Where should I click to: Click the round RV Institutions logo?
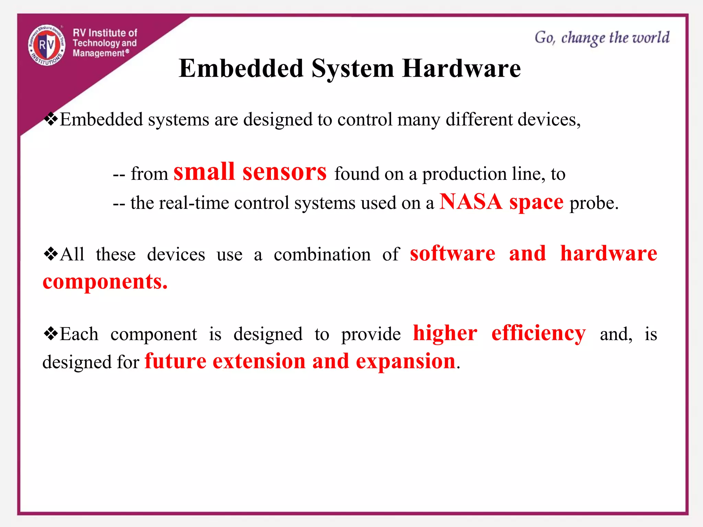47,45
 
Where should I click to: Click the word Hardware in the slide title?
461,68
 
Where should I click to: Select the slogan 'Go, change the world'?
602,38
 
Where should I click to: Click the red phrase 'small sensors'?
250,172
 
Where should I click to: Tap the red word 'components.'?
105,282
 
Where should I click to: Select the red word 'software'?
452,254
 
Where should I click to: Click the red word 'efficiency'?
538,333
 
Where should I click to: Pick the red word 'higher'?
445,333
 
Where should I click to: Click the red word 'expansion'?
405,361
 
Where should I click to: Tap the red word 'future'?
175,361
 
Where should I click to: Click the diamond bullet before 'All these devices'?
51,254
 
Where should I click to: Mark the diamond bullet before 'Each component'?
51,333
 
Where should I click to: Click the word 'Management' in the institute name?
99,53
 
